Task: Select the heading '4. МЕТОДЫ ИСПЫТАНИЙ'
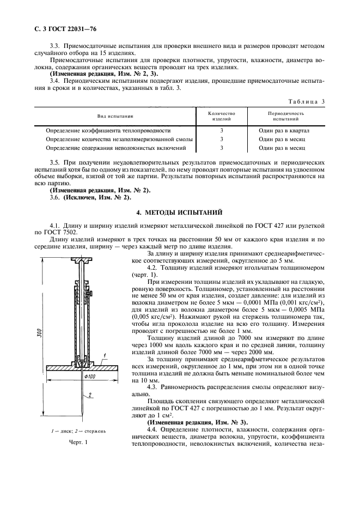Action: tap(180, 211)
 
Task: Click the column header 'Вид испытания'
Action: tap(115, 117)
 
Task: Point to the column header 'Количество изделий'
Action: tap(222, 116)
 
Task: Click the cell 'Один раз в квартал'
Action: tap(284, 131)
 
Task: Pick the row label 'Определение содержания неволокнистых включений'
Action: tap(117, 148)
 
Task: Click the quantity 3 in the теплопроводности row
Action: tap(222, 131)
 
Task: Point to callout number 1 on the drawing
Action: tap(103, 354)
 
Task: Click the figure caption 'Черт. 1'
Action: tap(78, 442)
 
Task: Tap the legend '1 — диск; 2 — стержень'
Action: tap(79, 430)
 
